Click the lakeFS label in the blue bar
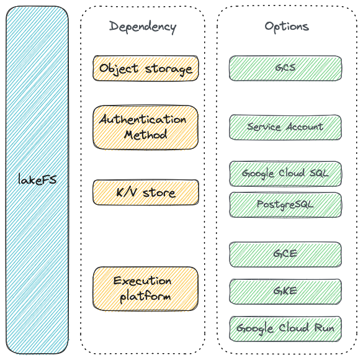[x=37, y=179]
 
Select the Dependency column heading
[x=143, y=27]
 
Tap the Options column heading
[x=287, y=27]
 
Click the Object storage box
[x=146, y=68]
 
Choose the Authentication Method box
[x=146, y=127]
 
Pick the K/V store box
[x=146, y=192]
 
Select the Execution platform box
[x=146, y=289]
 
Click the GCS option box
[x=285, y=68]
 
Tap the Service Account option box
[x=285, y=127]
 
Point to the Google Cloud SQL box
[x=285, y=174]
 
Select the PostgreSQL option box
[x=285, y=205]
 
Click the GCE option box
[x=285, y=254]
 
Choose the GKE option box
[x=285, y=292]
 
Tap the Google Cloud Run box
[x=285, y=328]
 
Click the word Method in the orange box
[x=146, y=135]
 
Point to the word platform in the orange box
[x=146, y=297]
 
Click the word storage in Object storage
[x=169, y=70]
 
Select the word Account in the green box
[x=305, y=127]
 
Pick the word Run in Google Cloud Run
[x=324, y=328]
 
